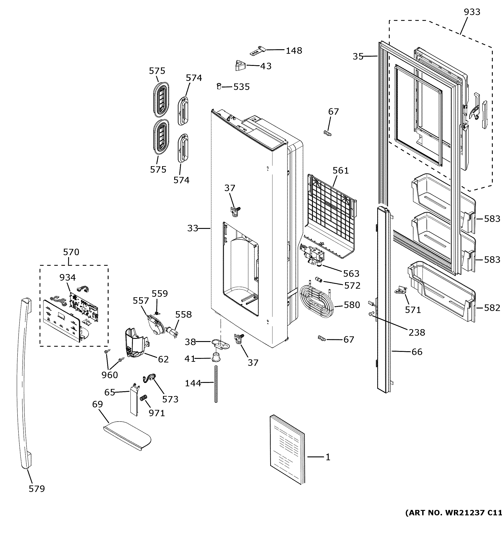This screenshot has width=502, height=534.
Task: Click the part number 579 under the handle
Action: pos(37,489)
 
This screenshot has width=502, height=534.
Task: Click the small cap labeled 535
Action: pos(219,87)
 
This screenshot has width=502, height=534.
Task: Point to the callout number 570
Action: pos(71,252)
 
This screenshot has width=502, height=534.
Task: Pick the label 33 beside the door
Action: pos(193,228)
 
